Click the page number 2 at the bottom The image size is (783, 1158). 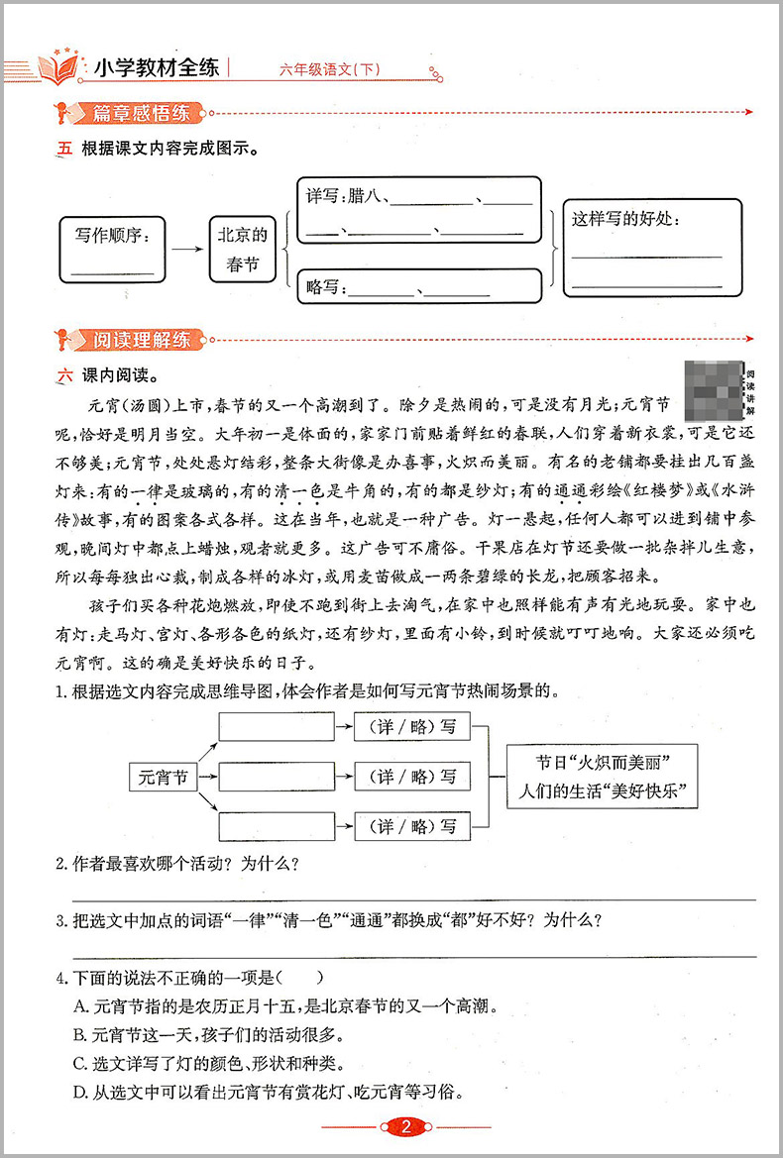click(404, 1126)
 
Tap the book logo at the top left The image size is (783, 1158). click(57, 67)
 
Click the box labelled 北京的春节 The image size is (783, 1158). click(243, 251)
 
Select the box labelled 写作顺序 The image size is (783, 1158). click(113, 251)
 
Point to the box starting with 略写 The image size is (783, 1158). click(418, 287)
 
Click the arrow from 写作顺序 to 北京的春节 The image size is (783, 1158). click(187, 251)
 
